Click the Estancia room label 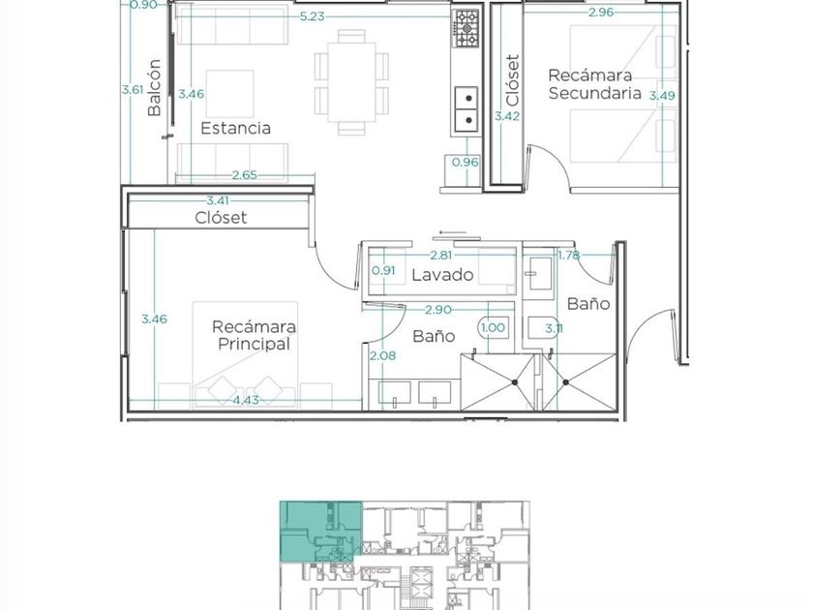pyautogui.click(x=235, y=128)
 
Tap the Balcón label pyautogui.click(x=154, y=87)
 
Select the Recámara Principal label pyautogui.click(x=254, y=335)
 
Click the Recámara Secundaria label pyautogui.click(x=594, y=84)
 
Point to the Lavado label pyautogui.click(x=442, y=274)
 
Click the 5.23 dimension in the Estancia pyautogui.click(x=312, y=16)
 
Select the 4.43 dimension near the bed pyautogui.click(x=246, y=400)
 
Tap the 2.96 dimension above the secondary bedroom pyautogui.click(x=601, y=12)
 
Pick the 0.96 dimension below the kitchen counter pyautogui.click(x=466, y=162)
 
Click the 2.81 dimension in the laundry pyautogui.click(x=441, y=255)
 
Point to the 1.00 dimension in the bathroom pyautogui.click(x=493, y=327)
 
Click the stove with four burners pyautogui.click(x=467, y=28)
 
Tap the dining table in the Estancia pyautogui.click(x=351, y=82)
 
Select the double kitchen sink pyautogui.click(x=467, y=109)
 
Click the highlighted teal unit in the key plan pyautogui.click(x=320, y=531)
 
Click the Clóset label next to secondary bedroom pyautogui.click(x=512, y=79)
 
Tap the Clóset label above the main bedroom pyautogui.click(x=221, y=217)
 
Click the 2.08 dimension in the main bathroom pyautogui.click(x=382, y=355)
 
